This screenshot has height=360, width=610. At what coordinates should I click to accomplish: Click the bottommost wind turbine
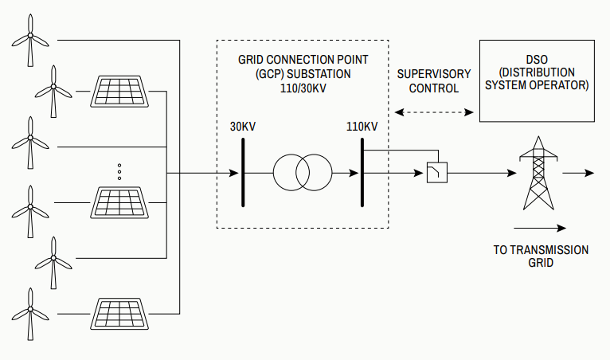coord(30,312)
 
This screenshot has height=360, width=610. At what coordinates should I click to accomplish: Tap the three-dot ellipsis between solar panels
coord(119,171)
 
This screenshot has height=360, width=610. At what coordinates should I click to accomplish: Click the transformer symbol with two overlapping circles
coord(302,171)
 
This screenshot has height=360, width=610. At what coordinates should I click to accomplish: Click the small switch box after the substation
coord(436,173)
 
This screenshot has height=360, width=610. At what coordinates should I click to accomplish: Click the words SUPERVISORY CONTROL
coord(434,81)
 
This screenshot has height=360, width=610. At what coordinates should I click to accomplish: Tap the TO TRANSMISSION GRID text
coord(541,256)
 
